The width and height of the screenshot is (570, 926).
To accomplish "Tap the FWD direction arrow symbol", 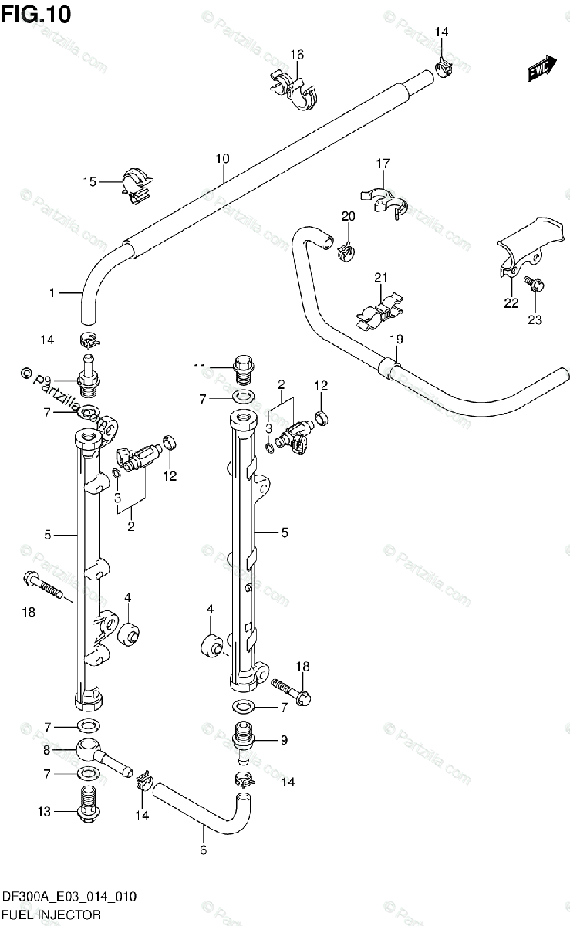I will (x=541, y=69).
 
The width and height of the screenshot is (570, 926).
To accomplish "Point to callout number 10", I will (x=222, y=158).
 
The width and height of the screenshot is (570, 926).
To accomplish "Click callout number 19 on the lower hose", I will (x=396, y=337).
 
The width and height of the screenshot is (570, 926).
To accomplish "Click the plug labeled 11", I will (x=243, y=369).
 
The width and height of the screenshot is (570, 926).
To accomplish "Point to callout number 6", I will (x=204, y=850).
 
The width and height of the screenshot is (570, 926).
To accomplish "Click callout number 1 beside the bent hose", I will (x=52, y=292).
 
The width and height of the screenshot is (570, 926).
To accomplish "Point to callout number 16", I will (x=297, y=54).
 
